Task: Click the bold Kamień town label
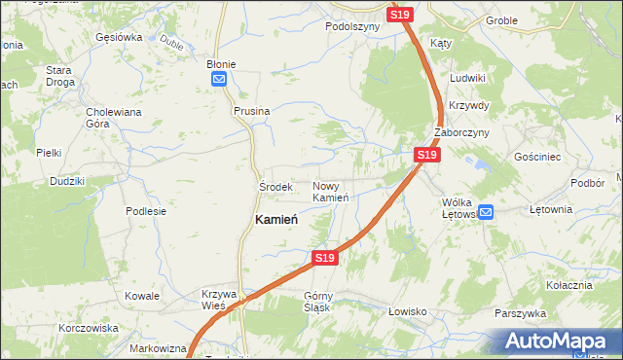coord(275,220)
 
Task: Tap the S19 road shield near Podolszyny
coord(401,15)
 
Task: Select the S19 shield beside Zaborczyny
coord(426,155)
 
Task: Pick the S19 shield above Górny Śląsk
coord(325,258)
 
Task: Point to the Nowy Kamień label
coord(331,192)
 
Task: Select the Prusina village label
coord(251,111)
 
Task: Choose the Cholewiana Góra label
coord(114,118)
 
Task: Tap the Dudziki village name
coord(67,181)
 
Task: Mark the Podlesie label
coord(146,210)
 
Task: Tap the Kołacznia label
coord(569,285)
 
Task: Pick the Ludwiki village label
coord(468,77)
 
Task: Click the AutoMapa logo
coord(558,342)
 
